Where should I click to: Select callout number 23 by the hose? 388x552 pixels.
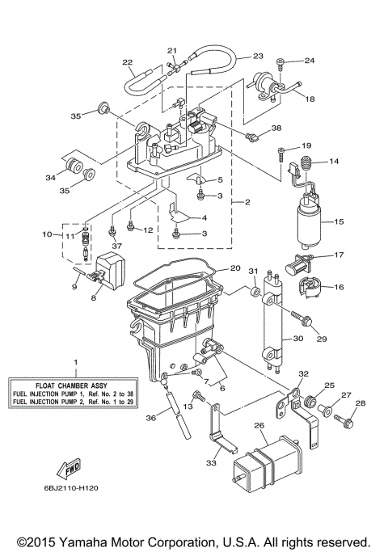click(258, 56)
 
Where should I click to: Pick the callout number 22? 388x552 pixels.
click(127, 61)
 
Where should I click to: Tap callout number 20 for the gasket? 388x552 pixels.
click(235, 268)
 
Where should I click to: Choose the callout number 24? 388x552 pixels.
click(310, 61)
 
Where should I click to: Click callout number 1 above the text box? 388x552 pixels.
click(75, 361)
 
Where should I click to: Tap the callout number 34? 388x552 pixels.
click(50, 177)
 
